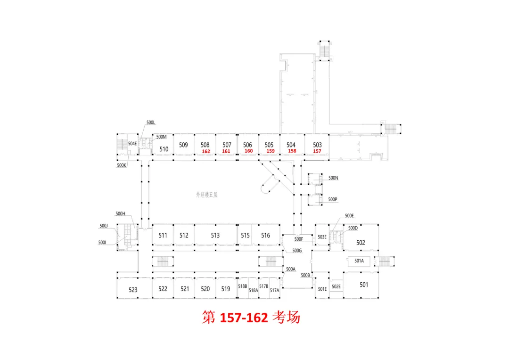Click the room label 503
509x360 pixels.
point(317,145)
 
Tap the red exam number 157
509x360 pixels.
point(317,151)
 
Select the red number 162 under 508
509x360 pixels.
point(205,152)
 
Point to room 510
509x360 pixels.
point(164,149)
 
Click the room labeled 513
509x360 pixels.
point(215,235)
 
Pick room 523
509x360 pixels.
point(133,290)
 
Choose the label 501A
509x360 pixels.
point(359,261)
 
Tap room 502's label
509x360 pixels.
point(361,243)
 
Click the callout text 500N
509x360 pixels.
point(333,178)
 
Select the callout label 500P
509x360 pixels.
point(333,199)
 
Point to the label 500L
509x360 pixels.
point(151,123)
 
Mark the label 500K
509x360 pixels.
point(122,165)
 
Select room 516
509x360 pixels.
point(265,235)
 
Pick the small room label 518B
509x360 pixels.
point(243,286)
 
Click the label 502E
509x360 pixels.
point(336,286)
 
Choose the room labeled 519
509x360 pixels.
point(226,289)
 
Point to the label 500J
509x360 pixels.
point(104,226)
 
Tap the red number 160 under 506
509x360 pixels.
point(248,151)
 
